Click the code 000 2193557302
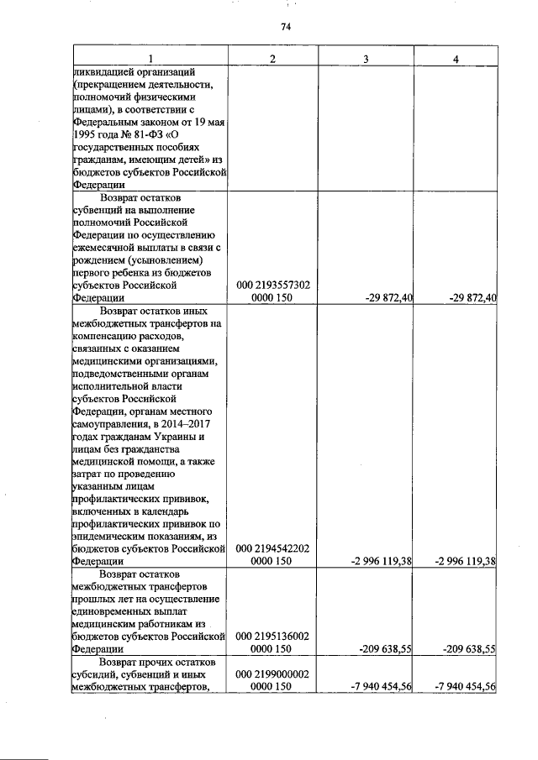(x=273, y=286)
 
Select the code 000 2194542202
(x=273, y=548)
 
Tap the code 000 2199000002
(x=273, y=674)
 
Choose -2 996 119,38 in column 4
(x=460, y=561)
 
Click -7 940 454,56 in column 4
(x=460, y=686)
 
